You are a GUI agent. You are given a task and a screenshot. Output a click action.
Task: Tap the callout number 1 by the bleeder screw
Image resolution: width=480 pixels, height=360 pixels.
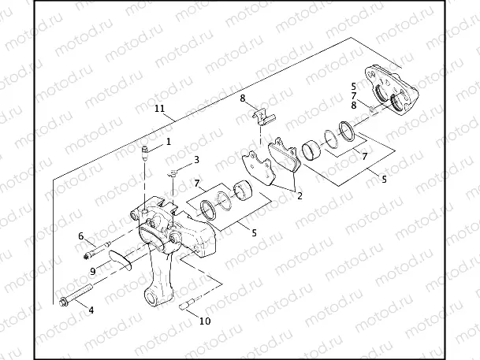[x=168, y=142]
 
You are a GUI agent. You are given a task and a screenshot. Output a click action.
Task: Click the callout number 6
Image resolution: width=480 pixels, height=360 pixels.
[x=80, y=236]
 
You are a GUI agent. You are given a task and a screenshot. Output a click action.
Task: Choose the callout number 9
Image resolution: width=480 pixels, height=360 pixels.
[x=92, y=270]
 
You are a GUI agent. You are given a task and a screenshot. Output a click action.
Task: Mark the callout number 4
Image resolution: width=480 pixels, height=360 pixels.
[x=91, y=310]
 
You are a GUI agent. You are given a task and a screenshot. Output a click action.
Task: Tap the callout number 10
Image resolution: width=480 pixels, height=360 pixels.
[x=205, y=321]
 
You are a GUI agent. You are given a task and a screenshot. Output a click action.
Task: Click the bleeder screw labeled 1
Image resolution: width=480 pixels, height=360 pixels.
[x=145, y=151]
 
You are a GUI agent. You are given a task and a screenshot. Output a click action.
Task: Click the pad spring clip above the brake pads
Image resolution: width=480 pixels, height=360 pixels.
[x=259, y=116]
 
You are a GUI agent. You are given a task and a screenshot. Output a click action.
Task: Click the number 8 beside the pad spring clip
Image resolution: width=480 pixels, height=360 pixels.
[x=244, y=98]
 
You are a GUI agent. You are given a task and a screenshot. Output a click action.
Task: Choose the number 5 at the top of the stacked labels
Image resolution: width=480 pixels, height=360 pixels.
[x=353, y=85]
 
